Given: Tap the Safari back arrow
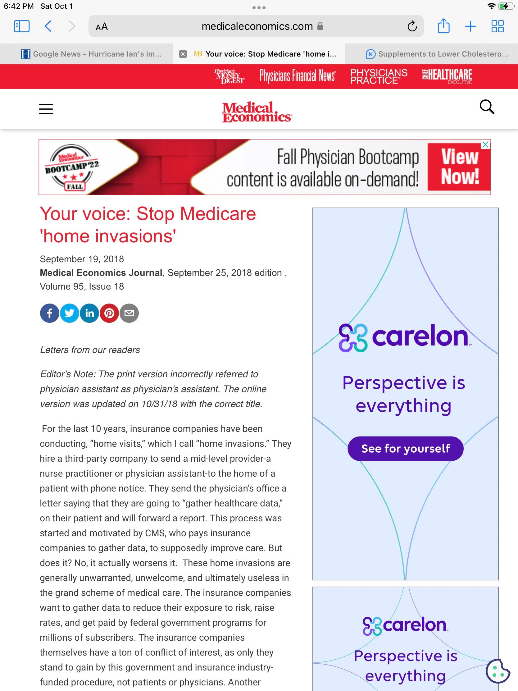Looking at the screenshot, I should tap(48, 26).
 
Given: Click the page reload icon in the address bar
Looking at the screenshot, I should tap(412, 26).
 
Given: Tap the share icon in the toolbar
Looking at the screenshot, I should tap(443, 26).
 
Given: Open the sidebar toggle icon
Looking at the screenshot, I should tap(22, 26).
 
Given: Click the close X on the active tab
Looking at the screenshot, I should tap(183, 54).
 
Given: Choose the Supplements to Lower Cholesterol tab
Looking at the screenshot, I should tap(437, 54).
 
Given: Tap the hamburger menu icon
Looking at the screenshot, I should tap(46, 109).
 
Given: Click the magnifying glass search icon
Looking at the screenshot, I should tap(487, 107).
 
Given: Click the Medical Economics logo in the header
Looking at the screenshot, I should tap(257, 112).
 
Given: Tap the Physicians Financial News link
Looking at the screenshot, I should tap(298, 76).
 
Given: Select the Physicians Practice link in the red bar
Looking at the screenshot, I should tap(379, 76).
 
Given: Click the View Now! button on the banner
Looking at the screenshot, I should tap(459, 167).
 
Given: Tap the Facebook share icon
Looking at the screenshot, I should tap(49, 313).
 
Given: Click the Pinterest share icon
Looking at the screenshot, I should tap(109, 313).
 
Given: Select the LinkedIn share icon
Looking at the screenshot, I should tap(89, 313).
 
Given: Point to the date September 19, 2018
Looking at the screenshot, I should tap(82, 259).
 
